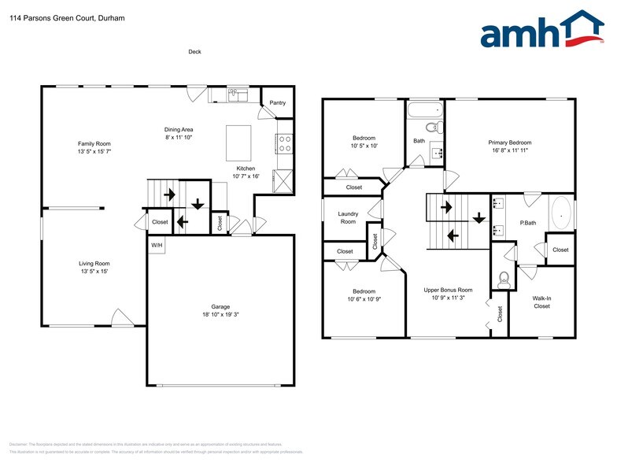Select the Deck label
click(194, 52)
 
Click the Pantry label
click(277, 102)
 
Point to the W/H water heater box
click(157, 244)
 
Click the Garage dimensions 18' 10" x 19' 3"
click(220, 316)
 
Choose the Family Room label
click(94, 143)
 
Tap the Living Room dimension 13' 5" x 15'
click(94, 272)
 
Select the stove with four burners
click(284, 143)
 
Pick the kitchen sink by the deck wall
click(236, 95)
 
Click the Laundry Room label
click(348, 217)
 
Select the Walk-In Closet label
click(541, 302)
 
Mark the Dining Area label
click(179, 129)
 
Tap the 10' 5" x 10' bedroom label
click(364, 146)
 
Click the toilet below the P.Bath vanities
click(504, 278)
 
